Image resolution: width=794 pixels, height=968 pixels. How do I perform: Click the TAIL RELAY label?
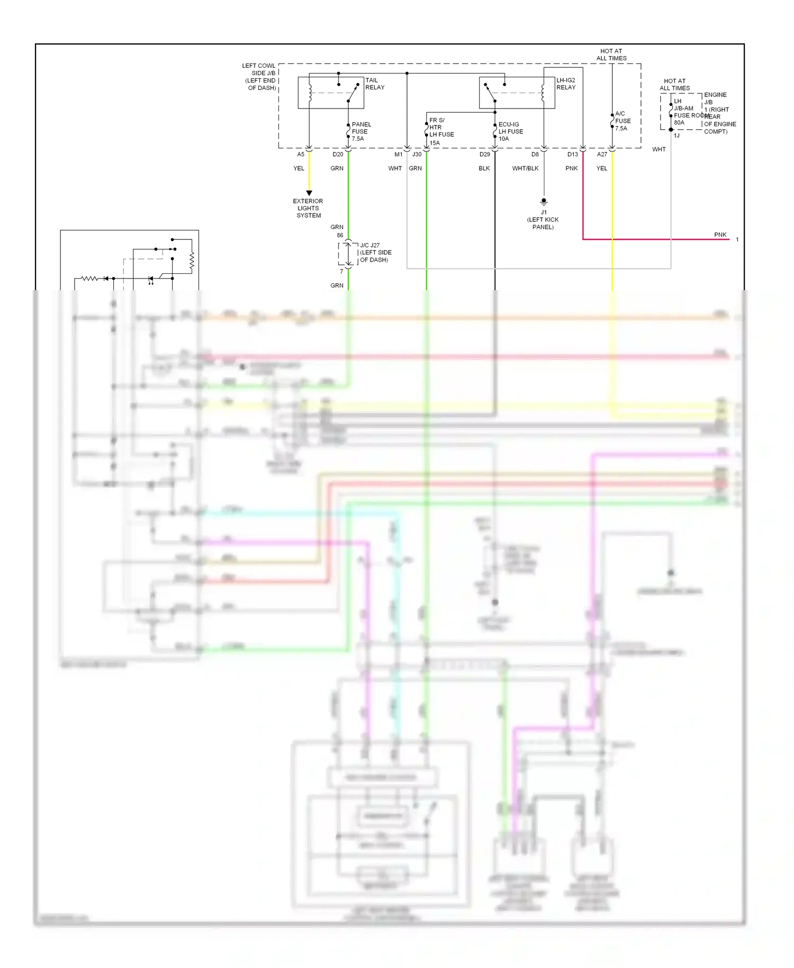coord(375,84)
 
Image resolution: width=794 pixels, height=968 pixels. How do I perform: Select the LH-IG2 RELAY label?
coord(565,84)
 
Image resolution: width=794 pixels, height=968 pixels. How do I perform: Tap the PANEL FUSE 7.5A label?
coord(361,131)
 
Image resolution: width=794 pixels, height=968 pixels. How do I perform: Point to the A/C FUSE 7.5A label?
coord(622,121)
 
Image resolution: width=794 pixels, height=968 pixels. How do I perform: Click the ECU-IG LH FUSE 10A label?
coord(510,131)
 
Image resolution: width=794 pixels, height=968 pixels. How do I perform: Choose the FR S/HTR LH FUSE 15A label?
coord(441,131)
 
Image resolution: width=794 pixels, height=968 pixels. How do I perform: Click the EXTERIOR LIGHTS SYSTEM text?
coord(308,208)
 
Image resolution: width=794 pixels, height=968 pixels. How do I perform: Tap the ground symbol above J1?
coord(544,202)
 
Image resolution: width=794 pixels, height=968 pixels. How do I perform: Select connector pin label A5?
coord(301,155)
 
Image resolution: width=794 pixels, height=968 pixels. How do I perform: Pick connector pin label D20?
coord(338,155)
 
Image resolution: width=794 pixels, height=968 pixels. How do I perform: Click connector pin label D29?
coord(484,155)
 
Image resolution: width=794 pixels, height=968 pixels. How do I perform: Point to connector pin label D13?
coord(572,155)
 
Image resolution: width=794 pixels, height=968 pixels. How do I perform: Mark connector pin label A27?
coord(602,155)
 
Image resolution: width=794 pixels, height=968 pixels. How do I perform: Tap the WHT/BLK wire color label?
coord(525,168)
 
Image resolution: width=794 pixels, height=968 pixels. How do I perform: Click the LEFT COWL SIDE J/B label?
coord(259,77)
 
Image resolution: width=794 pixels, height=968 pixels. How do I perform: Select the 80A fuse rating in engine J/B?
coord(679,122)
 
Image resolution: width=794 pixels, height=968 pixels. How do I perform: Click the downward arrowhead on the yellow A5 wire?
coord(309,193)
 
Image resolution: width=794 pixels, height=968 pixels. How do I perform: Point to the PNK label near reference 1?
coord(720,235)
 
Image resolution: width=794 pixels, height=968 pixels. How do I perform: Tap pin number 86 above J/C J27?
coord(340,235)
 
